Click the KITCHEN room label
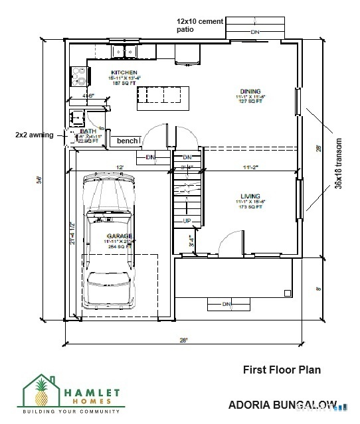124,72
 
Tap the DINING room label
250,91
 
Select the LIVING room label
250,196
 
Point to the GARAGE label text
121,236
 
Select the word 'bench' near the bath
128,141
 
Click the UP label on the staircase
187,221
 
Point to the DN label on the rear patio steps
254,32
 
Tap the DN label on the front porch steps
226,304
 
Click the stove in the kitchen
79,77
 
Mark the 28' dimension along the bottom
183,340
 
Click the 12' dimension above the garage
120,167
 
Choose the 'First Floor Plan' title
282,370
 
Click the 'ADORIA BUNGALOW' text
282,404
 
